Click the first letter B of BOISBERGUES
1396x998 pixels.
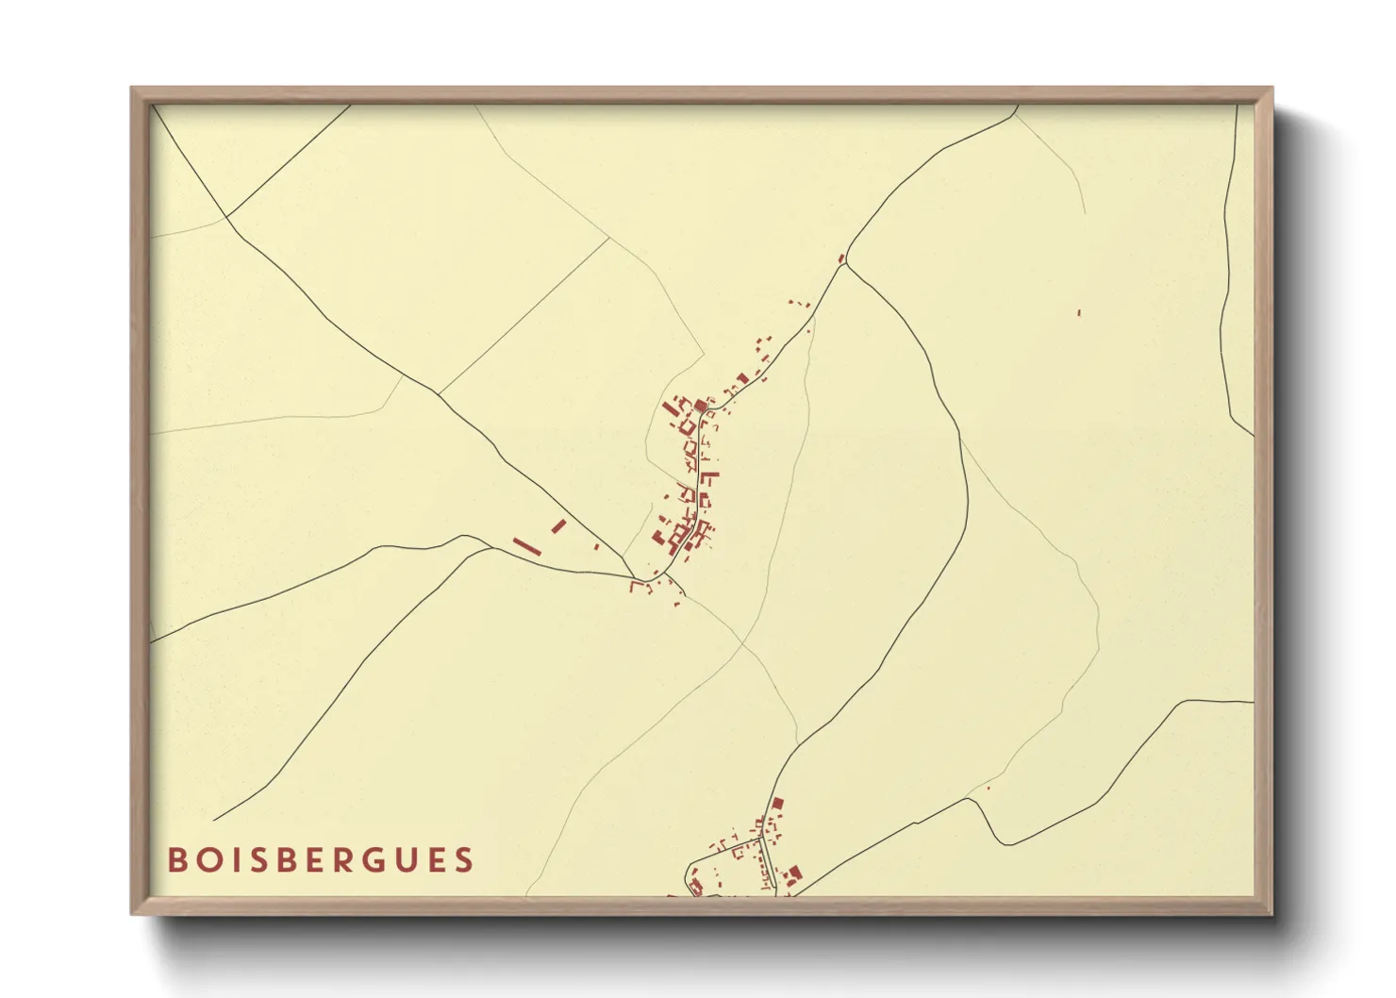point(176,860)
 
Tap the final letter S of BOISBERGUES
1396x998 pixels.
point(464,860)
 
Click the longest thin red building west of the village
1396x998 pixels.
point(526,546)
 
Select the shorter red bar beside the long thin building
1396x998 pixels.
point(558,525)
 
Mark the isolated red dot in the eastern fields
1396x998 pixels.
point(1079,312)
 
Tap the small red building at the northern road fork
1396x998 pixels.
point(841,258)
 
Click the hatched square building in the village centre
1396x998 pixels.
point(700,407)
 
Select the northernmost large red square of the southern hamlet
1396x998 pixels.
point(777,804)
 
